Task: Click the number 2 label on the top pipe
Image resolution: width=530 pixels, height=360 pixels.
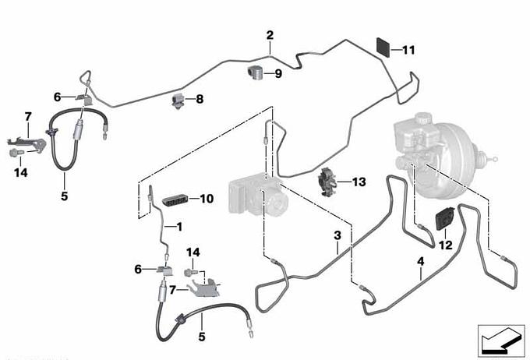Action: point(270,35)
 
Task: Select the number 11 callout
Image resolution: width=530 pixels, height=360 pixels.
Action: point(409,50)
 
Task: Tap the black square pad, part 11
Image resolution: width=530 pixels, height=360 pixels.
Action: point(383,45)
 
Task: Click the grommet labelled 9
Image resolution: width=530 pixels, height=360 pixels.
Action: point(253,74)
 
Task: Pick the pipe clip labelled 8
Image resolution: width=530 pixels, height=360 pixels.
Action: point(178,101)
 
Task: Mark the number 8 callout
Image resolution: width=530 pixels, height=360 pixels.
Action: point(199,99)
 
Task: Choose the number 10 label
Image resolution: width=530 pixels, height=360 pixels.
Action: point(206,199)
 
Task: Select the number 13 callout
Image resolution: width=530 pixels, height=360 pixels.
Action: point(358,182)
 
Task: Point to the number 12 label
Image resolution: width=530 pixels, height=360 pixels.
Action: point(445,245)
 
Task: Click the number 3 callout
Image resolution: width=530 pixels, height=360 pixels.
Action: point(337,235)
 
